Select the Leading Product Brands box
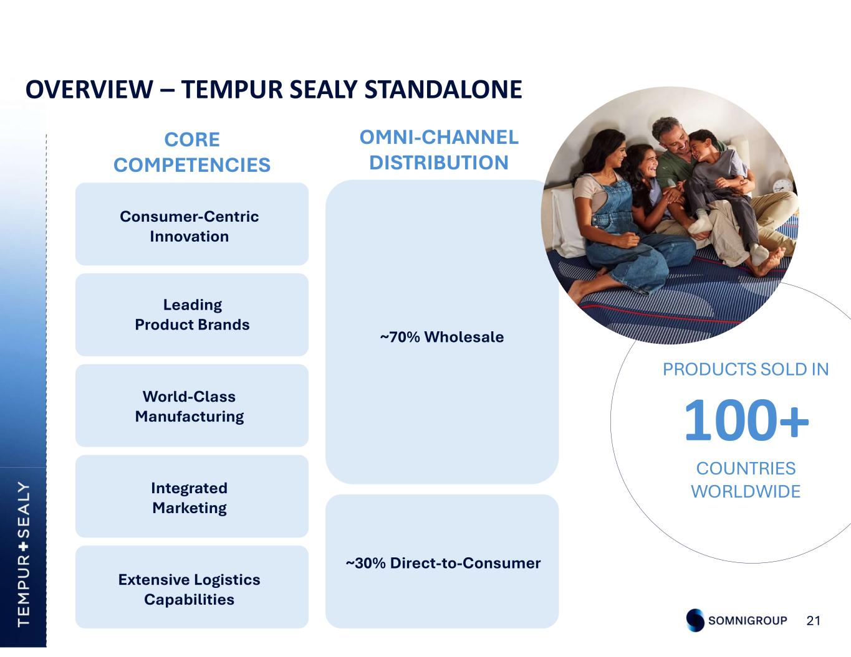[x=191, y=315]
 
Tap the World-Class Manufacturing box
[x=191, y=406]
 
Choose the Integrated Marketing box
[x=191, y=497]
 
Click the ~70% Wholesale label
[x=442, y=337]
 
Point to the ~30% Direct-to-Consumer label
[x=443, y=563]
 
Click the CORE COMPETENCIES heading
[x=191, y=152]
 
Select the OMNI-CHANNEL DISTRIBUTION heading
[x=439, y=149]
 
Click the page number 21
[x=814, y=620]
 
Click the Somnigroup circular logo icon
[x=695, y=620]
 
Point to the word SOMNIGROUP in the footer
[x=748, y=620]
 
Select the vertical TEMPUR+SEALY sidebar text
[x=23, y=553]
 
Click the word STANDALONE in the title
[x=443, y=90]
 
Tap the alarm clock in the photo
[x=781, y=186]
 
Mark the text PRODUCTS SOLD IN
[x=746, y=369]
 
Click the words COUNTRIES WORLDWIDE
[x=746, y=480]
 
